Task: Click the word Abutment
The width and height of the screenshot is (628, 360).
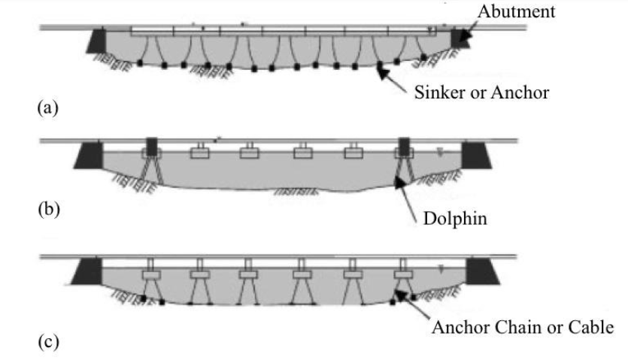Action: [x=516, y=11]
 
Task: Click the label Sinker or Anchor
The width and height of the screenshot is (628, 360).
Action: [x=481, y=92]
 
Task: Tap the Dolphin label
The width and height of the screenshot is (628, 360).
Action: [x=455, y=219]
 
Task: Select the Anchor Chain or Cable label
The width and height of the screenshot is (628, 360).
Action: [x=523, y=327]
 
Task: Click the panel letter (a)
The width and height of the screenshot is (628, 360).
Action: [x=47, y=107]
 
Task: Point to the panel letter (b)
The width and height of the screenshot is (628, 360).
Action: [x=48, y=210]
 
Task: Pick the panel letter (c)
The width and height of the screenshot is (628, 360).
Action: [x=48, y=341]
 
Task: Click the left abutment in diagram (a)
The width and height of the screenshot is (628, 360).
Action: [x=96, y=41]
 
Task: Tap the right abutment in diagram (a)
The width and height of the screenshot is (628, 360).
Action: [x=460, y=38]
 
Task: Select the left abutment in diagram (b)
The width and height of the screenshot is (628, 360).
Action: [x=89, y=156]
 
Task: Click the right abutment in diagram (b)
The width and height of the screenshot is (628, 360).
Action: [x=477, y=156]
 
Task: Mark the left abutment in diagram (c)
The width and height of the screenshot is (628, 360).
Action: [x=87, y=271]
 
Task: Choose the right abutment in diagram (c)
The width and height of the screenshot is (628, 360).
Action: [x=483, y=271]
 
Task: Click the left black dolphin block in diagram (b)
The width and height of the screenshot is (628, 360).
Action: [x=152, y=147]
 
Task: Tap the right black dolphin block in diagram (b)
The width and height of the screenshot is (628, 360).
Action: [x=404, y=147]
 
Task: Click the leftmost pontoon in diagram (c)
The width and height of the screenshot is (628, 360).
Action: [x=151, y=275]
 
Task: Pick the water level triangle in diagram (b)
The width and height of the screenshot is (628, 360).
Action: [x=440, y=153]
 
